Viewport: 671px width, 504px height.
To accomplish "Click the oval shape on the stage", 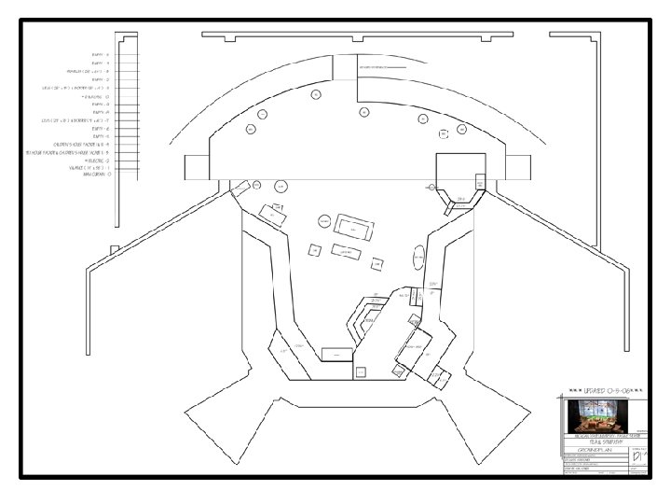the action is pos(418,257).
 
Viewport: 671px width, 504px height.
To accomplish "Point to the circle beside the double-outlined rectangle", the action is pos(324,221).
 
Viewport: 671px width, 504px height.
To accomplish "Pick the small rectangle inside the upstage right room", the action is pos(480,181).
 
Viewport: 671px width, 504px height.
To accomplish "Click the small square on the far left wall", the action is pos(114,248).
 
